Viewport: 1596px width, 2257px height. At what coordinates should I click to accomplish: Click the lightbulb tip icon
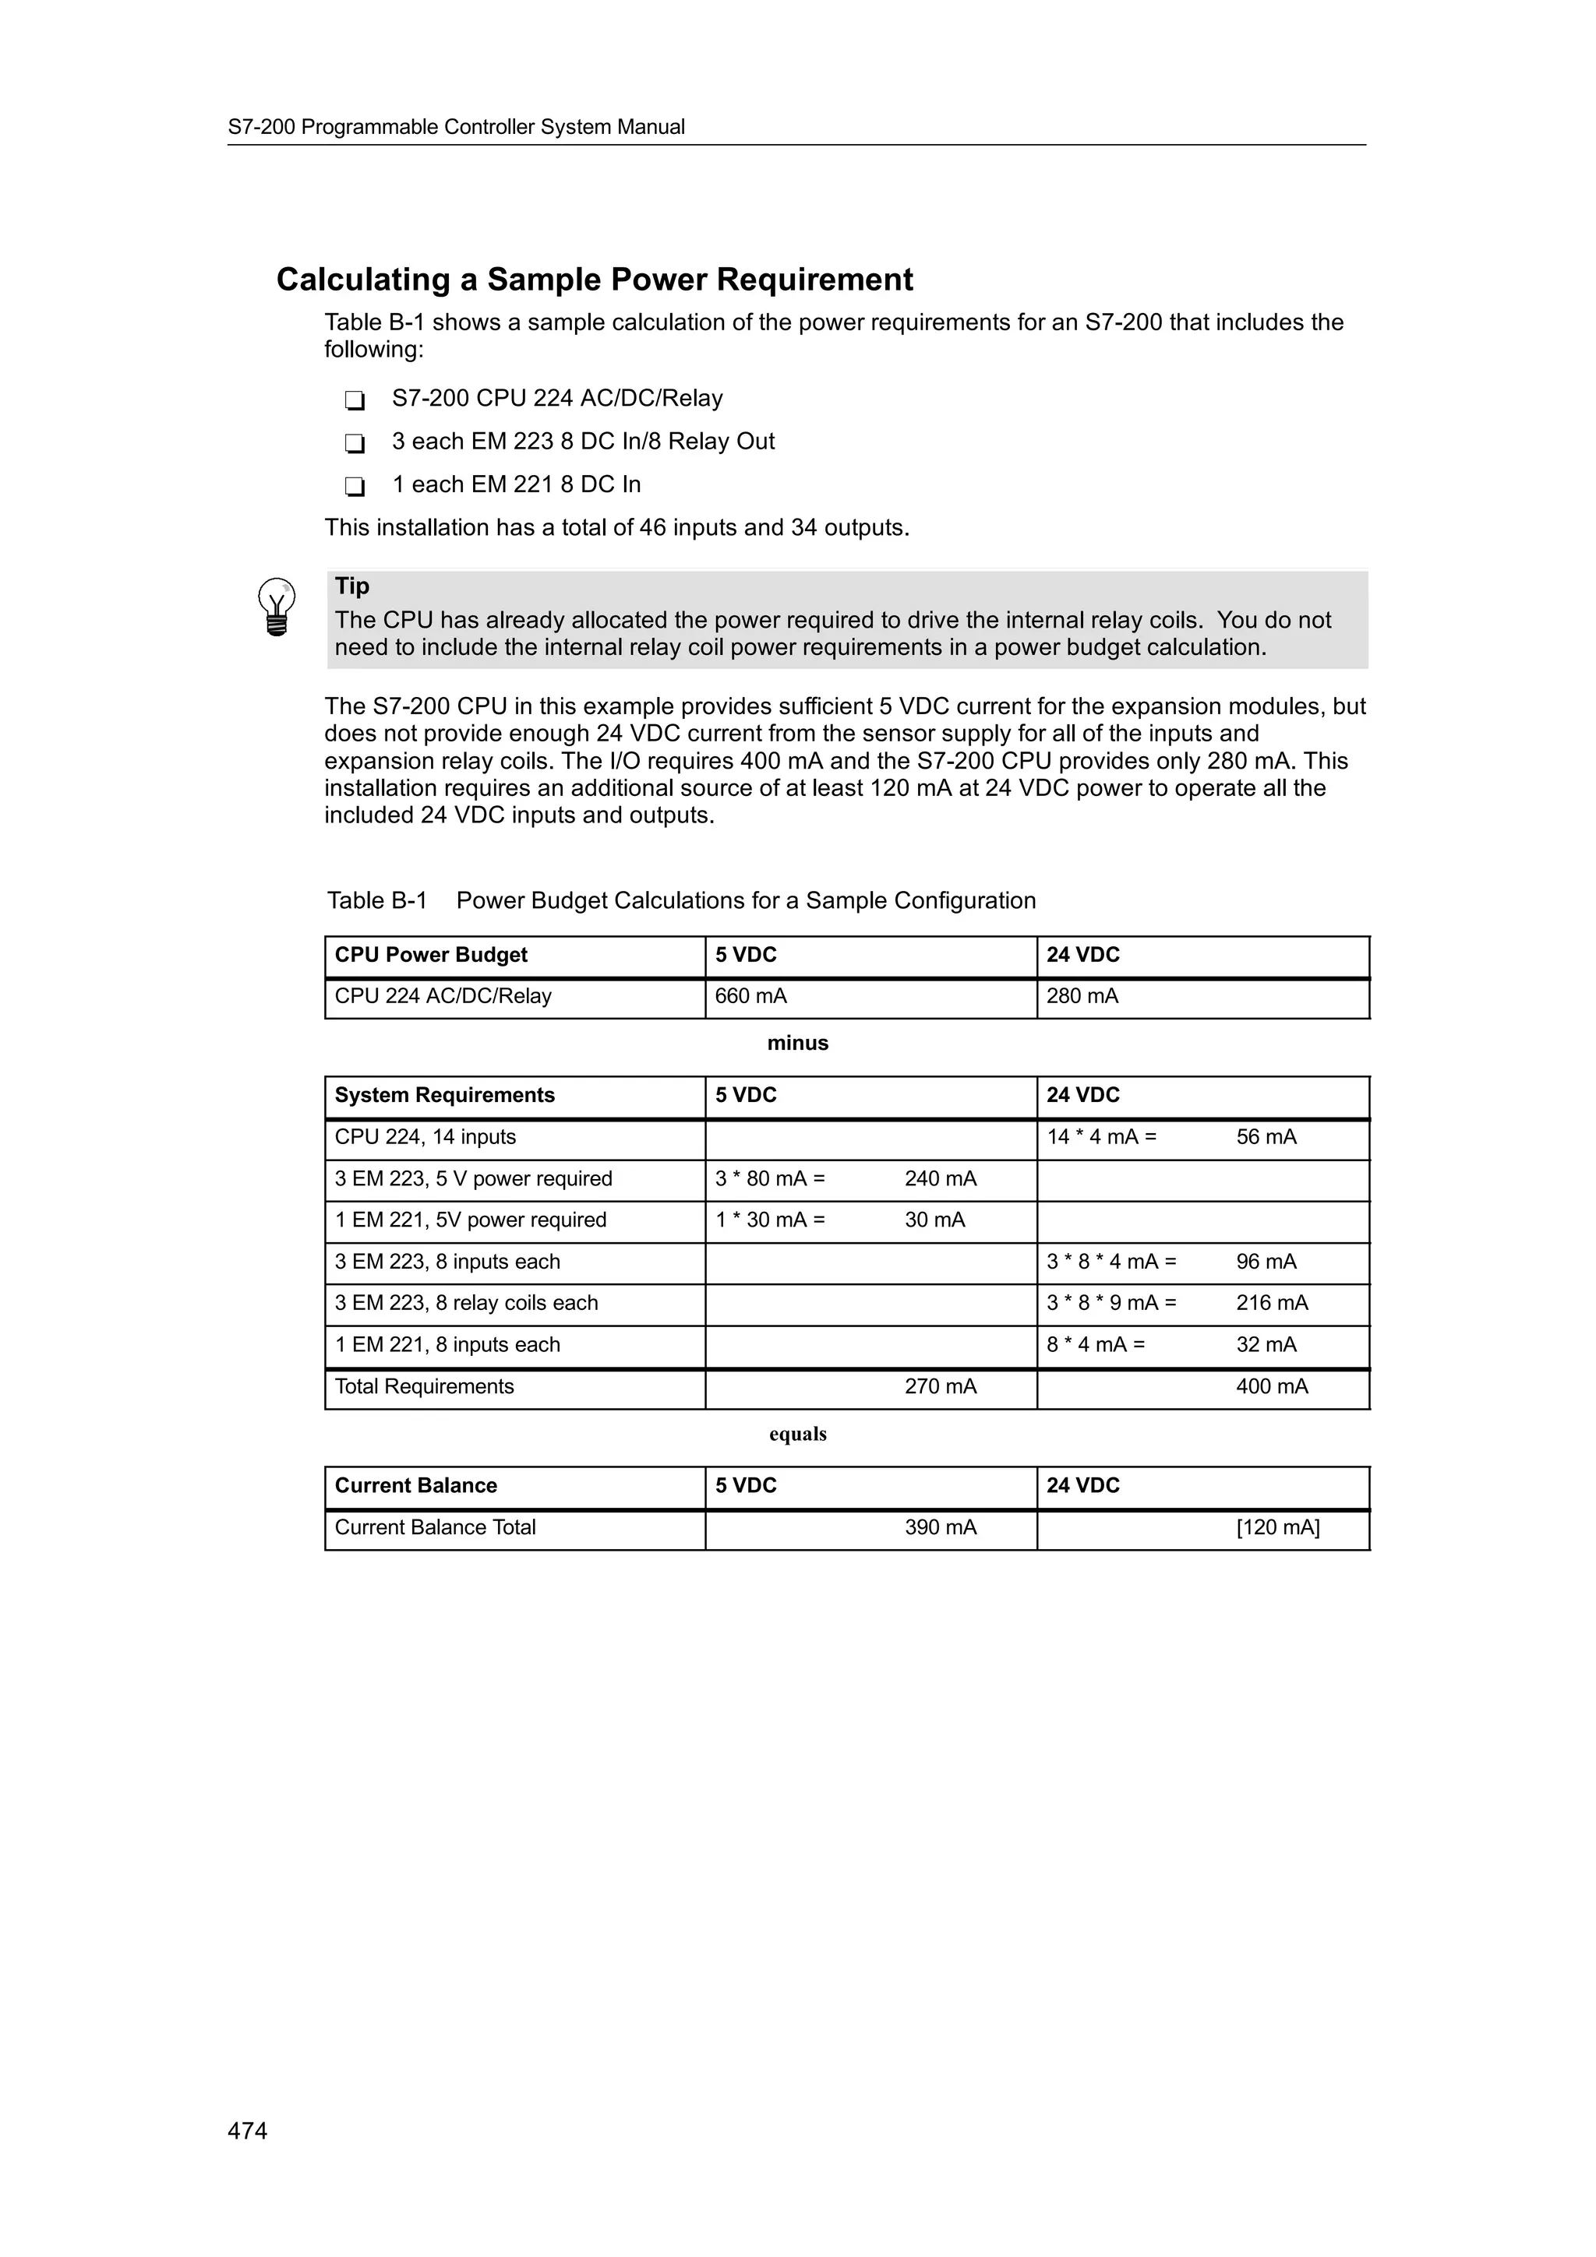277,607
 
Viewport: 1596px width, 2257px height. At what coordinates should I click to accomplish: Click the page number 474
247,2130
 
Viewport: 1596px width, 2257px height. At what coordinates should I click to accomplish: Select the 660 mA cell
750,996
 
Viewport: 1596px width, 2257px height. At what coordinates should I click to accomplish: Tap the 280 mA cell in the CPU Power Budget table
1082,996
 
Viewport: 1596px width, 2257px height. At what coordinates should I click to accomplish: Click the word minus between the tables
797,1043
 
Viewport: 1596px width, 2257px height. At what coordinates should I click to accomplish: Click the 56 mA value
1266,1136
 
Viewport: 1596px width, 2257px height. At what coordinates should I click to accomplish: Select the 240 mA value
940,1178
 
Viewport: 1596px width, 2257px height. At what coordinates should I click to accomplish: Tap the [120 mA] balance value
1277,1526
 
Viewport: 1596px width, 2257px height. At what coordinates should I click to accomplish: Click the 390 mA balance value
940,1526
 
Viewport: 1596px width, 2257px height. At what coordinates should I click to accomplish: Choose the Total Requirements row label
424,1386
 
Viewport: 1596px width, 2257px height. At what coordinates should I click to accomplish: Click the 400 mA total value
1272,1386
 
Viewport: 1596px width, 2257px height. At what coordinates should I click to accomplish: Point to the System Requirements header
444,1095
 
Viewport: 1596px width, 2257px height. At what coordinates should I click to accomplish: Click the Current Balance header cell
416,1485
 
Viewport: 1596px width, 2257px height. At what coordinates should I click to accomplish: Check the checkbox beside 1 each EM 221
355,487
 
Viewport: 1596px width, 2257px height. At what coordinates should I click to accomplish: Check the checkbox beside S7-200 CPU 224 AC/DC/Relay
355,400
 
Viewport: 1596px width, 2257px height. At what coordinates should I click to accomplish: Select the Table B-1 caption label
376,900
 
